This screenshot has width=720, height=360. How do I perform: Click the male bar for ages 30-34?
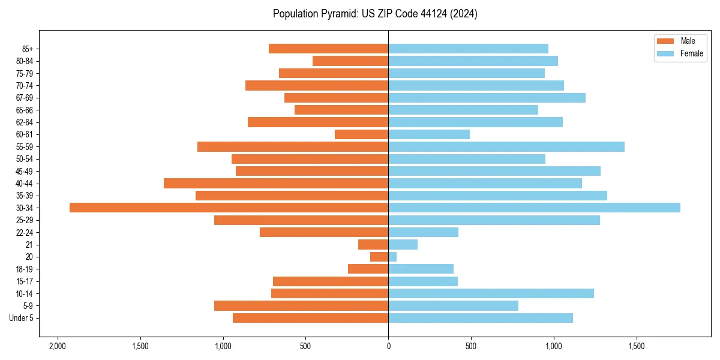(229, 208)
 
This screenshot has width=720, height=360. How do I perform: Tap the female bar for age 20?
(392, 257)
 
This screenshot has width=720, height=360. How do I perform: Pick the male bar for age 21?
(373, 245)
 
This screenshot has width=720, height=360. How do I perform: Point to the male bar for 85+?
(328, 49)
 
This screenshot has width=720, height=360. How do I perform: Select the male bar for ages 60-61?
(361, 134)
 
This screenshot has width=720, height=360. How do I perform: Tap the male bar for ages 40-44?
(276, 183)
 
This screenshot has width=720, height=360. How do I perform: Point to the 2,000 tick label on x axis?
(58, 347)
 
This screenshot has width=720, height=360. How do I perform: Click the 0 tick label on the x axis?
(388, 347)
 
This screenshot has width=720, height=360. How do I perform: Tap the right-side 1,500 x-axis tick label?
(636, 347)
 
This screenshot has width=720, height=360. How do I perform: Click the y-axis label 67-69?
(25, 98)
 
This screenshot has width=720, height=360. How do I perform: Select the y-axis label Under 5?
(21, 318)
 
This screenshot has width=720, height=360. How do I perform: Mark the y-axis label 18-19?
(25, 269)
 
